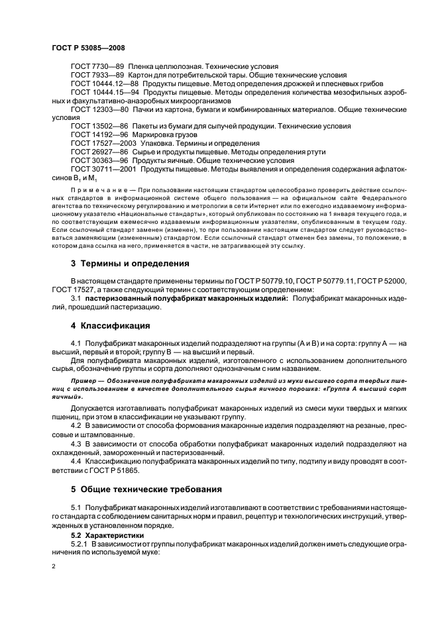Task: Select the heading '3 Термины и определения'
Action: click(130, 263)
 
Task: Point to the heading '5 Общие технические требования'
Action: click(147, 491)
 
